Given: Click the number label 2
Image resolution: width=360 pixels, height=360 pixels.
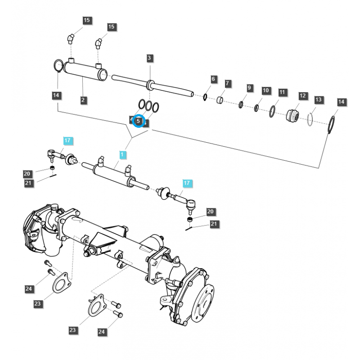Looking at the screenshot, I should coord(83,100).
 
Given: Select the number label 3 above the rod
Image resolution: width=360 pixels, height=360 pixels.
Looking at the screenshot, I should coord(150,58).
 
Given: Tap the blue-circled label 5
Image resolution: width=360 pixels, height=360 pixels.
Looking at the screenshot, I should coord(139,121).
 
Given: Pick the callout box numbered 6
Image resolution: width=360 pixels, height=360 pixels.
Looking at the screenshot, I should coord(213,79).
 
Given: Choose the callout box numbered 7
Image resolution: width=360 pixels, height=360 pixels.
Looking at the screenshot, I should coord(228,84).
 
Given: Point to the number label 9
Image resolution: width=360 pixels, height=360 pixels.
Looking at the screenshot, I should coord(249,88).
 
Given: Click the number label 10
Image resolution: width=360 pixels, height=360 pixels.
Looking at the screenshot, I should coord(266,90).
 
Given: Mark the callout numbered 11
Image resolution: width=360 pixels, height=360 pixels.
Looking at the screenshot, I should coord(282,92).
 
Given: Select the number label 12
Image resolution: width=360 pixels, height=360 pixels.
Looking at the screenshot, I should coord(302,96).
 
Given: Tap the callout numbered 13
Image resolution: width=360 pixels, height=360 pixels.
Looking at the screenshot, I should coord(319,99).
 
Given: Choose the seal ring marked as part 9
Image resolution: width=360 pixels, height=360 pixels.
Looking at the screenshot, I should coord(241,105).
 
